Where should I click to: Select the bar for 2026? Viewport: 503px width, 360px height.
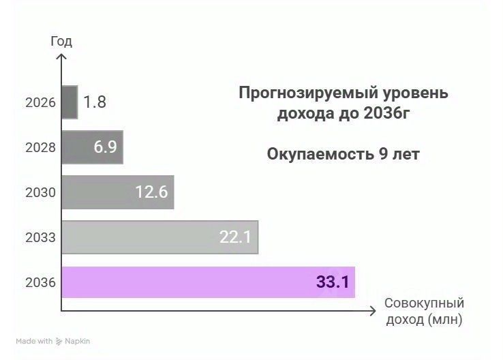coord(70,102)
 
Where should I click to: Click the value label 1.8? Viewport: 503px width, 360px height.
coord(95,102)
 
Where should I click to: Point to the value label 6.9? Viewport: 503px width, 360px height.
coord(106,147)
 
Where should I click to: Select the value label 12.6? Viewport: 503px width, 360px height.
coord(151,192)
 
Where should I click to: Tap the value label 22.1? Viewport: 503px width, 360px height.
coord(236,237)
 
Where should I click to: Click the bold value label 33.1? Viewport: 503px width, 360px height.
coord(333,282)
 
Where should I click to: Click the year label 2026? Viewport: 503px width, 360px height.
coord(40,103)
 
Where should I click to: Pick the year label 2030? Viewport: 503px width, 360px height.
coord(40,193)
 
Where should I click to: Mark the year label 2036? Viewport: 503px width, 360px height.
coord(40,282)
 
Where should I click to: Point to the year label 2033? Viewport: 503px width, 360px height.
coord(40,238)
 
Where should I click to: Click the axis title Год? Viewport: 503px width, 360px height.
coord(61,41)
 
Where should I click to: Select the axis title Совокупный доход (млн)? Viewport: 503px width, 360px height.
coord(424,311)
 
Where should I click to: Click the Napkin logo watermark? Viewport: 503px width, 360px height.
coord(81,341)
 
